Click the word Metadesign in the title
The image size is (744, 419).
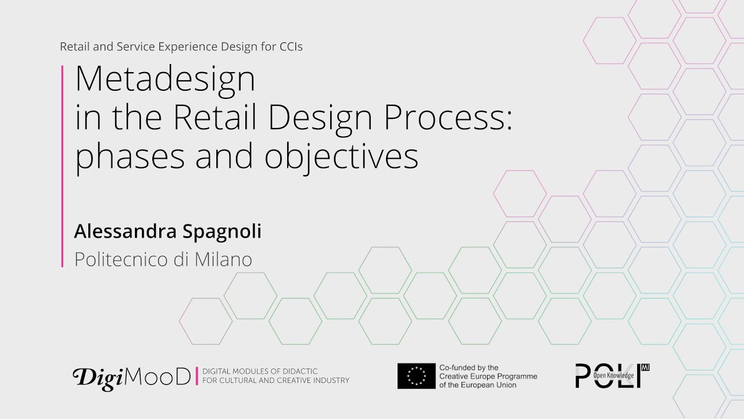point(165,80)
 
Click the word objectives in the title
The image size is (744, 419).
point(341,156)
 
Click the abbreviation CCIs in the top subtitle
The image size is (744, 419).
point(291,47)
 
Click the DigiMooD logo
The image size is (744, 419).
point(131,377)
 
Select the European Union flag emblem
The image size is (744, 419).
point(416,376)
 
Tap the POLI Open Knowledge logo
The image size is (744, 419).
point(612,376)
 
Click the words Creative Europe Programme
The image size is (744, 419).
point(488,377)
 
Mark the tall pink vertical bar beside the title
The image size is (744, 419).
point(62,166)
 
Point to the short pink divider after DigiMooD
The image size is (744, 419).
point(197,376)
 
